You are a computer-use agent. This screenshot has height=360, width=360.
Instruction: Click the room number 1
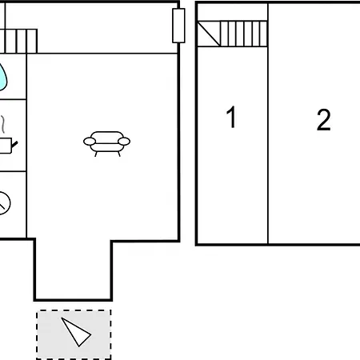231,117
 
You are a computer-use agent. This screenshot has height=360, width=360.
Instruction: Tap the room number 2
323,120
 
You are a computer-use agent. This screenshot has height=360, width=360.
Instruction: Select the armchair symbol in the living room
106,143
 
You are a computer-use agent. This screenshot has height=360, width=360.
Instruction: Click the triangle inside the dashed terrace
76,332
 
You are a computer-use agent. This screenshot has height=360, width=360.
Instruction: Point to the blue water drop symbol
2,77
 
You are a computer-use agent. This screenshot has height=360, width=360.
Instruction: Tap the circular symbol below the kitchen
4,203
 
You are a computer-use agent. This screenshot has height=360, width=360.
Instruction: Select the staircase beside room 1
232,34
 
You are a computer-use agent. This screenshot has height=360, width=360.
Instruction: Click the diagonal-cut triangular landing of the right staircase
209,34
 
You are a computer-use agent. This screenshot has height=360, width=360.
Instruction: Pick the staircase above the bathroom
18,41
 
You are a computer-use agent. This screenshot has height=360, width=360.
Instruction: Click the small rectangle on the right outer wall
178,26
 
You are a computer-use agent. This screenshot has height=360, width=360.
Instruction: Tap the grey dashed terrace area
74,334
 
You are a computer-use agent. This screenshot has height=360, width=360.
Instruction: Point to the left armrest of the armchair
90,142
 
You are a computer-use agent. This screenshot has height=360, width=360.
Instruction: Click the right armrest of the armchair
124,142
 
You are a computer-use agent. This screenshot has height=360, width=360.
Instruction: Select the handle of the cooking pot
14,145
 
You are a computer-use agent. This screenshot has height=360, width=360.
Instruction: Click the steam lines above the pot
2,124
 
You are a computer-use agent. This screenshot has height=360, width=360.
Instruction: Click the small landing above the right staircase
233,12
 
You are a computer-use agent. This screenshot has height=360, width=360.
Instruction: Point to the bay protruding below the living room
73,270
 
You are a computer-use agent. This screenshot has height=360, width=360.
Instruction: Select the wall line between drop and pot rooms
13,99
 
